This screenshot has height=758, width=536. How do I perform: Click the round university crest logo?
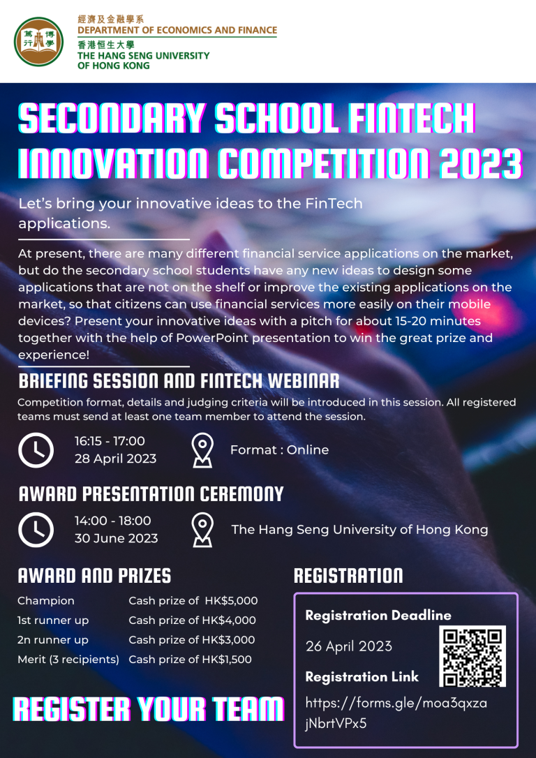point(38,42)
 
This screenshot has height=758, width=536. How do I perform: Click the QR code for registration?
point(472,656)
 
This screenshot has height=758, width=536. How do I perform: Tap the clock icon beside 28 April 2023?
point(36,450)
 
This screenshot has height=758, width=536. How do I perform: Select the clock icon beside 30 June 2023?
point(36,530)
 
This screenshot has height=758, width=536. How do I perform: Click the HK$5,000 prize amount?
point(231,601)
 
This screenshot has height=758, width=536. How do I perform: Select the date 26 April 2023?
point(348,646)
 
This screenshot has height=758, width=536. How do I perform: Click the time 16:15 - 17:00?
point(110,441)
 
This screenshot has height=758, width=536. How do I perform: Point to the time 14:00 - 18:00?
point(112,521)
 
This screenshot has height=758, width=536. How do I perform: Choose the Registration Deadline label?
point(378,616)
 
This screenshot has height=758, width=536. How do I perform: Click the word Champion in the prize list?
point(46,601)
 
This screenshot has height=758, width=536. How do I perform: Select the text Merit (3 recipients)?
point(68,660)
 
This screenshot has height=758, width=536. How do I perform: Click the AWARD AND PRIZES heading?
point(94,576)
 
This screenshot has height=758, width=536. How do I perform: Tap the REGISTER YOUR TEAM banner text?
point(148,710)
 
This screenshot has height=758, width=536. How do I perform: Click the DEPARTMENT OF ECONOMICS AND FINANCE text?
point(177,30)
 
